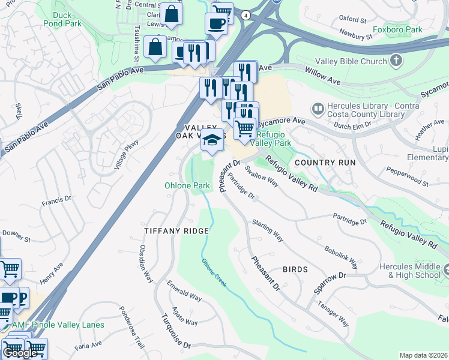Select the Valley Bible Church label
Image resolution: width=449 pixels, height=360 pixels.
[x=355, y=61]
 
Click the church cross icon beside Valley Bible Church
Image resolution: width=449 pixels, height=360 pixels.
[x=396, y=60]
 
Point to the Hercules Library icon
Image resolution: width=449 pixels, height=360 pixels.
[x=317, y=109]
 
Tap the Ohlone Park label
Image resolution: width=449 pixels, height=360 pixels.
[x=187, y=185]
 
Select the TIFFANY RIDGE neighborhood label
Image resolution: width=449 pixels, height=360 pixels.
[x=176, y=231]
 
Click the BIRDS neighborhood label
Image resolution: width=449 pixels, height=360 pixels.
[x=295, y=269]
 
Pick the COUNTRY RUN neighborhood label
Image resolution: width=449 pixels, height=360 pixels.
[x=325, y=163]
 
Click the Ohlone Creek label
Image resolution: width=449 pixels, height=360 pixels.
[x=214, y=272]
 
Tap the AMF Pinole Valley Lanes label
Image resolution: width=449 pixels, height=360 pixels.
[x=58, y=325]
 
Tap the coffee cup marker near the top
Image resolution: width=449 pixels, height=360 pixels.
[x=215, y=23]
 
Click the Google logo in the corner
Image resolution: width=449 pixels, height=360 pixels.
[x=19, y=353]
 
